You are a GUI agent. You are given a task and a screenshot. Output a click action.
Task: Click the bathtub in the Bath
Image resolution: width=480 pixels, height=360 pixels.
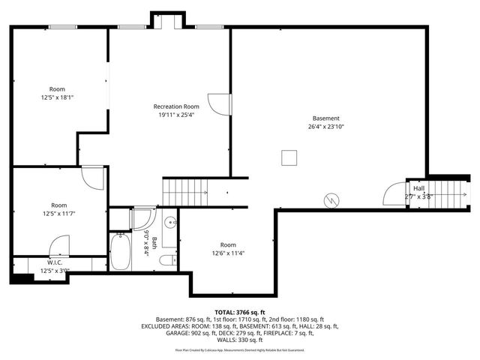click(x=119, y=251)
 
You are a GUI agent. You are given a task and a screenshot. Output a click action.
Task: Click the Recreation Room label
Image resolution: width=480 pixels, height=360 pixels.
click(x=176, y=106)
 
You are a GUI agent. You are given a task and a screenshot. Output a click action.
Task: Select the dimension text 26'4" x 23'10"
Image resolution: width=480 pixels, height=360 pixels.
click(x=326, y=127)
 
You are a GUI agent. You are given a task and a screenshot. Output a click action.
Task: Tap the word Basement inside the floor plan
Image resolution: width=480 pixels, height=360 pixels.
click(x=326, y=118)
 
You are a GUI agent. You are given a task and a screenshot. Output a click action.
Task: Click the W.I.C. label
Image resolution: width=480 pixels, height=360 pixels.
click(x=55, y=262)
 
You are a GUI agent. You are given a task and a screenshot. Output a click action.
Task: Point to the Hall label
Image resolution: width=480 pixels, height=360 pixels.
click(x=418, y=188)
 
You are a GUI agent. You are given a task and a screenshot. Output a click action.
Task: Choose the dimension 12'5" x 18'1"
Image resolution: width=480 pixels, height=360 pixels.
click(x=58, y=97)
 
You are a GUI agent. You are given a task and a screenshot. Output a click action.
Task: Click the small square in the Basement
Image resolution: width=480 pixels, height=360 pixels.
click(x=289, y=157)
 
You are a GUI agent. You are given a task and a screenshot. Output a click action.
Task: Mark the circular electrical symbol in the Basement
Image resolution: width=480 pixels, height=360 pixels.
click(x=331, y=200)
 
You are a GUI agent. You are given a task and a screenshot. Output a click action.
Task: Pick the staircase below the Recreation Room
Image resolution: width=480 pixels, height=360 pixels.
click(x=186, y=190)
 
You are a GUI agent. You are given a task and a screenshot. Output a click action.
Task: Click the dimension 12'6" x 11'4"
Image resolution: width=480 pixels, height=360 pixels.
click(x=228, y=253)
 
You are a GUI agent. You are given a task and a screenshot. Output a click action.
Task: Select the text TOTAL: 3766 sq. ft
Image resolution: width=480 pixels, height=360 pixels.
click(x=240, y=312)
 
